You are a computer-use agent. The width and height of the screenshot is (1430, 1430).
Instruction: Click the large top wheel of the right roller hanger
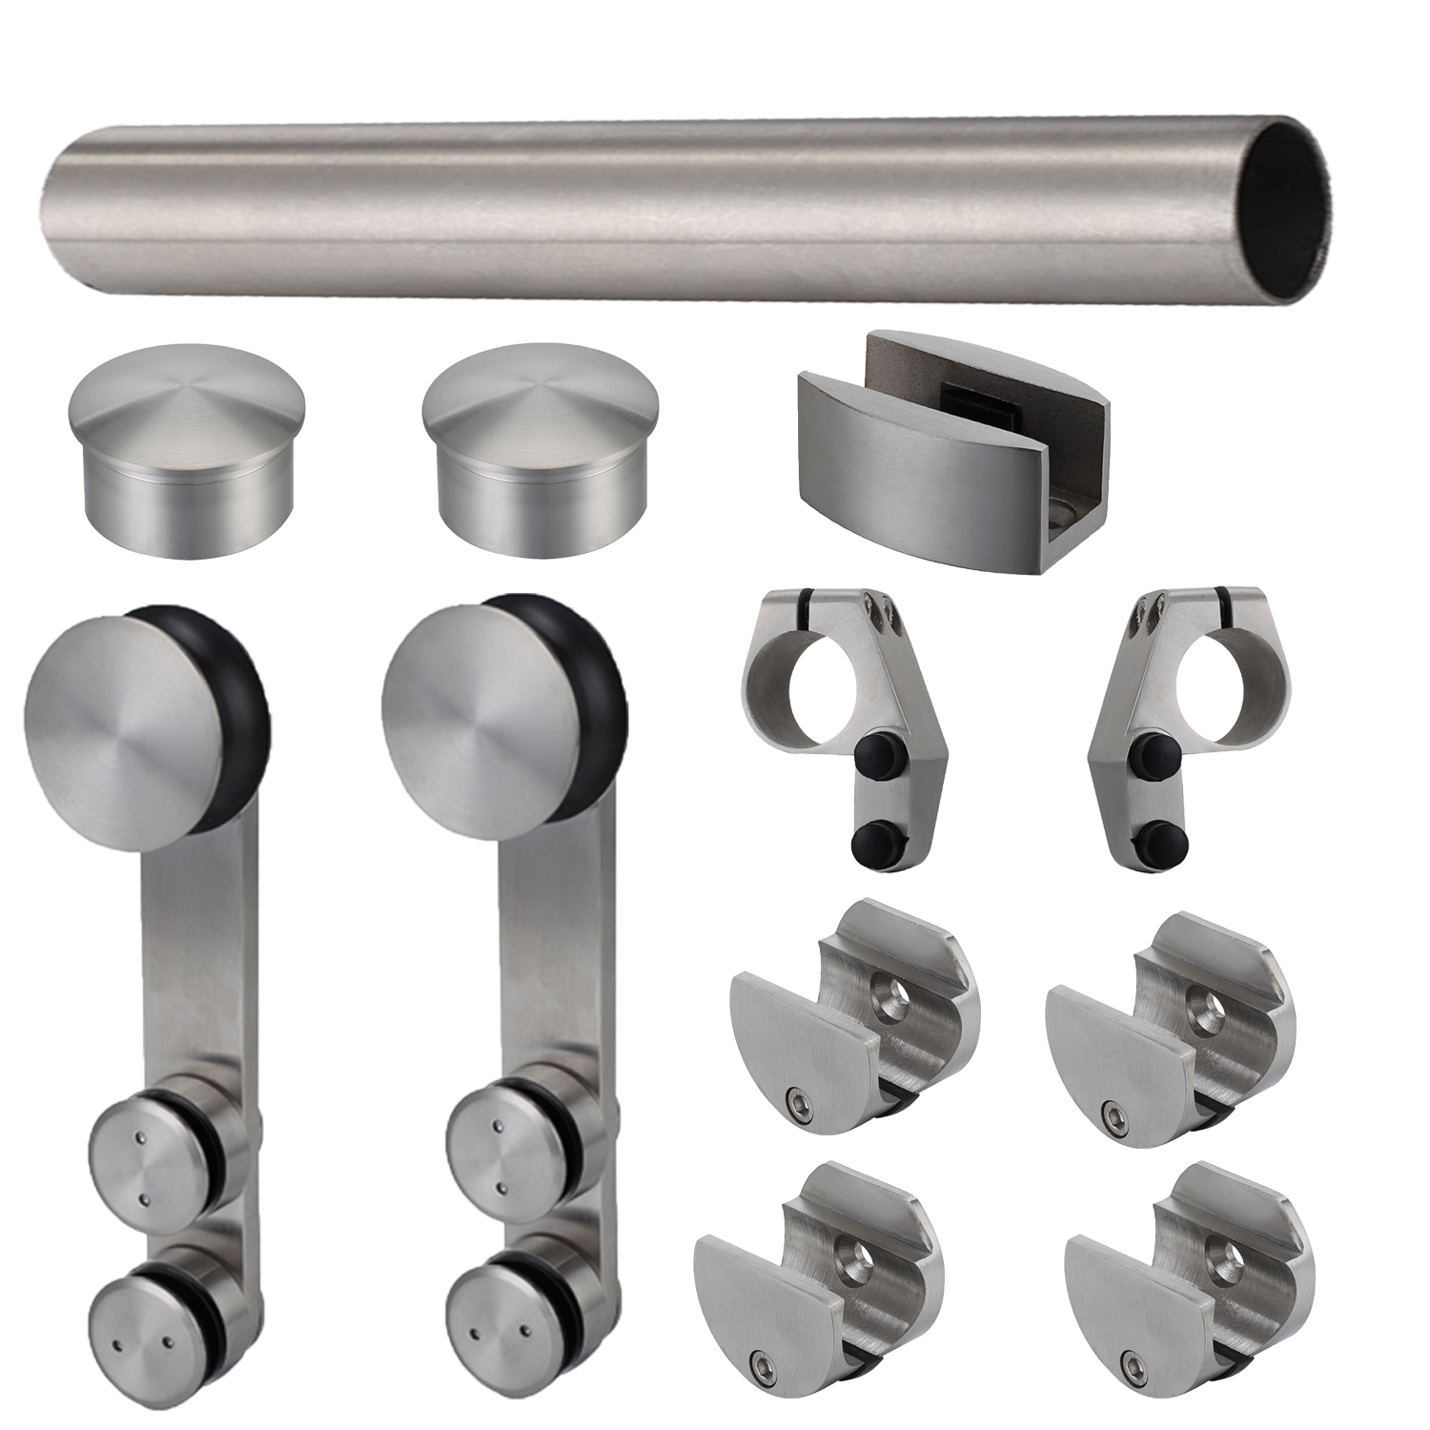(461, 716)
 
